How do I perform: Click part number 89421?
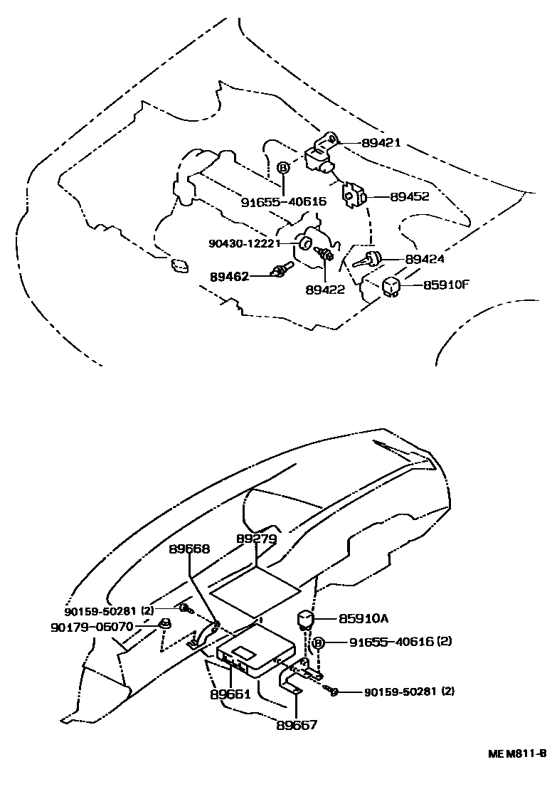[x=381, y=142]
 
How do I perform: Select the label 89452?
[x=410, y=196]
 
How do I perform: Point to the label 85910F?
[x=447, y=285]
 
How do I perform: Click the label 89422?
[x=325, y=290]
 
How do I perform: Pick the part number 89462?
[x=229, y=276]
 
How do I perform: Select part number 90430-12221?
[x=243, y=243]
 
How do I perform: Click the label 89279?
[x=256, y=539]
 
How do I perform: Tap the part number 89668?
[x=190, y=549]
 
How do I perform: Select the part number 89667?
[x=297, y=725]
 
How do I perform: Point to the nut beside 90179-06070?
[x=164, y=626]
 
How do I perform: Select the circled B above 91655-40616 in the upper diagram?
[x=283, y=168]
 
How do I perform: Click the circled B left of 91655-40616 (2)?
[x=319, y=642]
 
